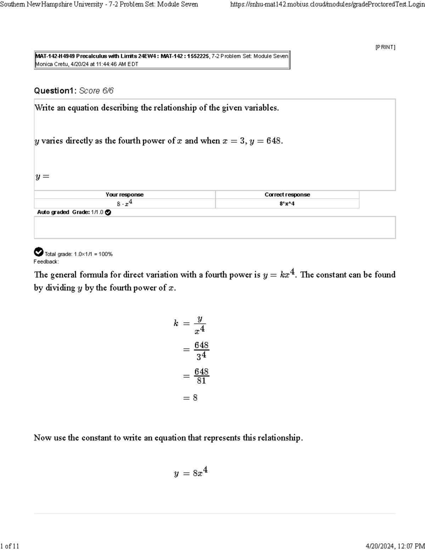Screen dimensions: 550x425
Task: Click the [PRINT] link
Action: pyautogui.click(x=385, y=47)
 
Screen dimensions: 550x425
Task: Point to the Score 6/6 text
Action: pyautogui.click(x=96, y=91)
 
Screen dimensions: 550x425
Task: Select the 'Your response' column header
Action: pyautogui.click(x=124, y=194)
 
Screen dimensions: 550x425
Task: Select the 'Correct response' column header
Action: pyautogui.click(x=287, y=194)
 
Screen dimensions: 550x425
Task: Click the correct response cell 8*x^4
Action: pyautogui.click(x=287, y=204)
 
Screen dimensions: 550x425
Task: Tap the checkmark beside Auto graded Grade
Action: pyautogui.click(x=108, y=212)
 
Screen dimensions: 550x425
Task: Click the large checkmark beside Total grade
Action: pyautogui.click(x=38, y=252)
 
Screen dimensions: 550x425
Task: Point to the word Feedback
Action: pyautogui.click(x=46, y=262)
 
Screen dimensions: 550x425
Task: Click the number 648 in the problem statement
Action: pyautogui.click(x=273, y=141)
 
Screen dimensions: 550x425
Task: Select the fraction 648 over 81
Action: pyautogui.click(x=201, y=376)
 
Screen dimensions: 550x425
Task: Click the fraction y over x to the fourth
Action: pyautogui.click(x=200, y=324)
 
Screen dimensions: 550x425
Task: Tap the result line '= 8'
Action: pyautogui.click(x=190, y=398)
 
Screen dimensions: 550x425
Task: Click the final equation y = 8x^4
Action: pyautogui.click(x=191, y=472)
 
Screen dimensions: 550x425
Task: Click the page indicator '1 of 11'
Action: pyautogui.click(x=10, y=546)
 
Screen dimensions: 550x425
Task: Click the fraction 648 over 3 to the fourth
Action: pyautogui.click(x=201, y=350)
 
